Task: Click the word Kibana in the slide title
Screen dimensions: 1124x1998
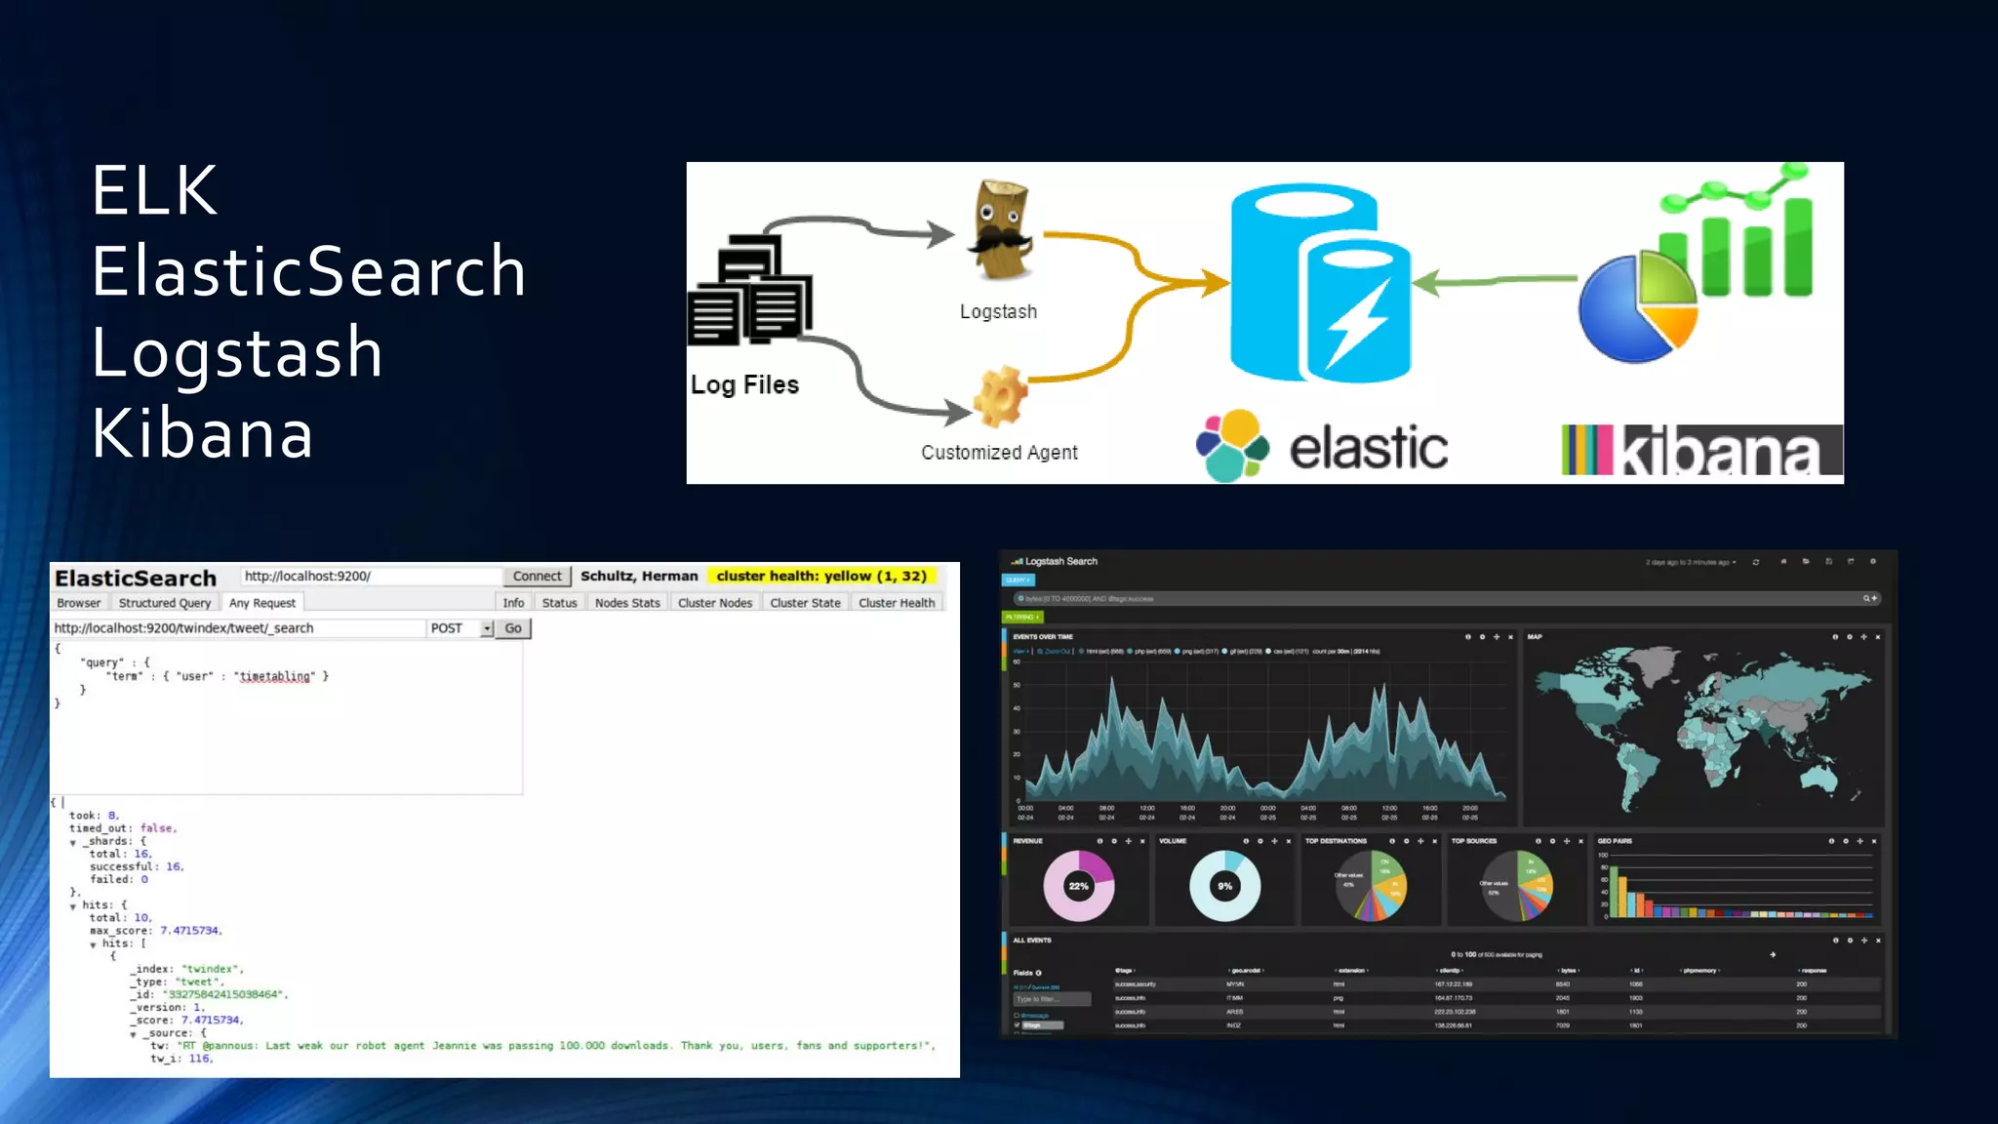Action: pyautogui.click(x=203, y=433)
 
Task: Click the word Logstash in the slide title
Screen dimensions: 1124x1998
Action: pyautogui.click(x=237, y=352)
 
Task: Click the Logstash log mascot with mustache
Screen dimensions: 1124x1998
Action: pyautogui.click(x=1000, y=230)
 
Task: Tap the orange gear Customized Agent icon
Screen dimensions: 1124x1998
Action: pyautogui.click(x=1000, y=397)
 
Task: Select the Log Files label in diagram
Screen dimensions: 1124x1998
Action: pyautogui.click(x=744, y=385)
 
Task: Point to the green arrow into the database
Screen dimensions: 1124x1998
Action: pyautogui.click(x=1493, y=282)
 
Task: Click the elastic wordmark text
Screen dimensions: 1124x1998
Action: pyautogui.click(x=1368, y=449)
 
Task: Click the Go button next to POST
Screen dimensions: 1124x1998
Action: pyautogui.click(x=513, y=628)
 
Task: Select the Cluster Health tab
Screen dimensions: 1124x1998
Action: pyautogui.click(x=896, y=603)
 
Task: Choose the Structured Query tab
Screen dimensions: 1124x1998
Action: pyautogui.click(x=164, y=603)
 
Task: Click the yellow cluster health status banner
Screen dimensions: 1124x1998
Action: pyautogui.click(x=821, y=576)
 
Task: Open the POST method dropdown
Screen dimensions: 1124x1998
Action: pyautogui.click(x=486, y=628)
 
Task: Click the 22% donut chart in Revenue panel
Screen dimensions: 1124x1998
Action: pyautogui.click(x=1078, y=886)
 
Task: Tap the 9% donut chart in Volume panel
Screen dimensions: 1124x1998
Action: pyautogui.click(x=1224, y=886)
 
